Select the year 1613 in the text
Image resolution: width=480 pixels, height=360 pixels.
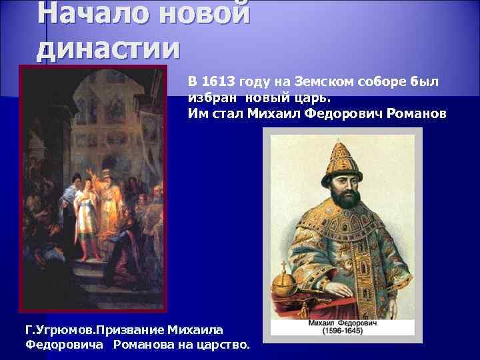click(x=215, y=82)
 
